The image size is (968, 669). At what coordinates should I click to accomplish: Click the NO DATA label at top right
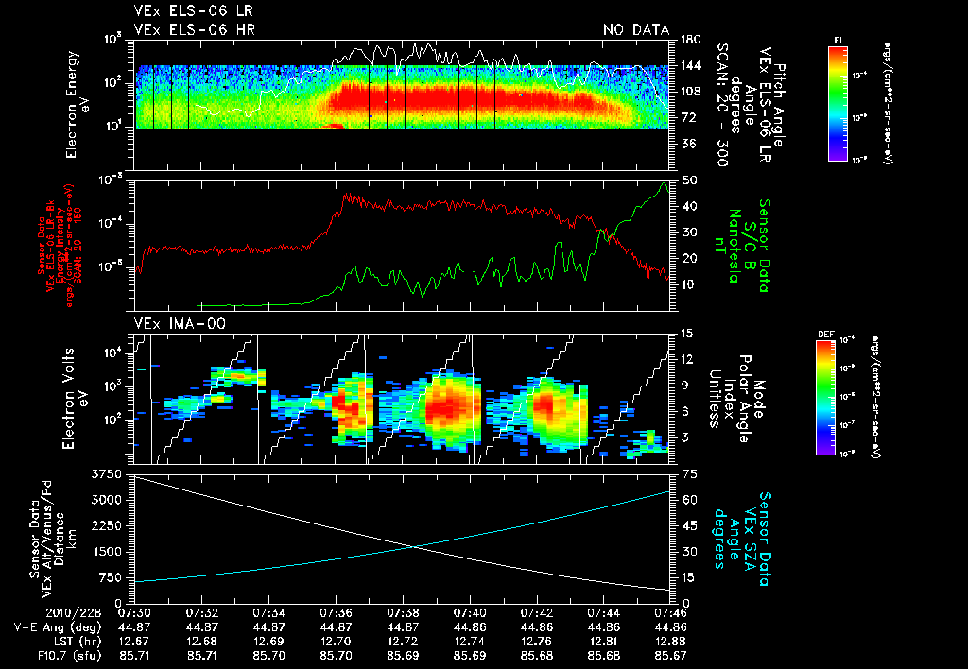coord(635,30)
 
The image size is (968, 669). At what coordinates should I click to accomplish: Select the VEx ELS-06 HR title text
coord(194,30)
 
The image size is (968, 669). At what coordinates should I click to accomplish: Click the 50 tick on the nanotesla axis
coord(688,180)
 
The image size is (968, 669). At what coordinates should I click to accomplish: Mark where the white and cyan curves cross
coord(412,546)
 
